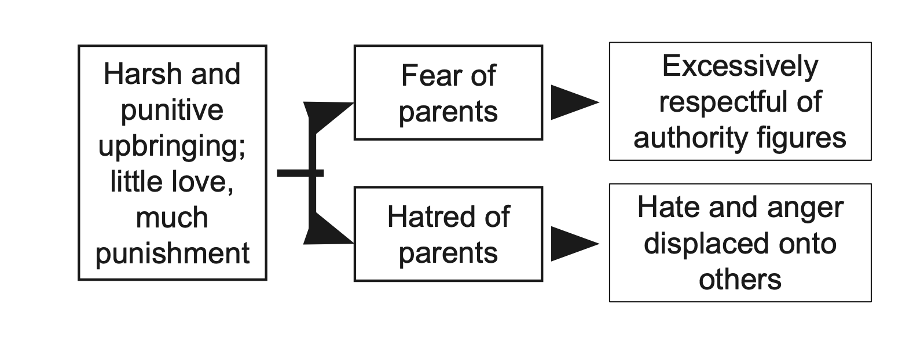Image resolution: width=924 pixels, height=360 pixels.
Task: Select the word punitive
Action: pos(172,111)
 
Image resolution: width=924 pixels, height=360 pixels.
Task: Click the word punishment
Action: pos(173,254)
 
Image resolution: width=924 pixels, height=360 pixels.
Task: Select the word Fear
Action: pos(425,76)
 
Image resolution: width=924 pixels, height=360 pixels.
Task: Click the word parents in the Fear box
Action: pos(448,112)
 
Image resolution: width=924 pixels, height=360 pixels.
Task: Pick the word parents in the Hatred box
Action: pos(448,253)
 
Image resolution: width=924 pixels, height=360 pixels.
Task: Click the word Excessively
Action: pos(740,66)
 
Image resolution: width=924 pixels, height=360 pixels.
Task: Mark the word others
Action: pos(740,280)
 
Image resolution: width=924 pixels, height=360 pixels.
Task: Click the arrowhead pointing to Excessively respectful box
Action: pos(573,102)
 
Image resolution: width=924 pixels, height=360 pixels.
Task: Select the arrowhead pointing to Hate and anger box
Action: pos(573,244)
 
